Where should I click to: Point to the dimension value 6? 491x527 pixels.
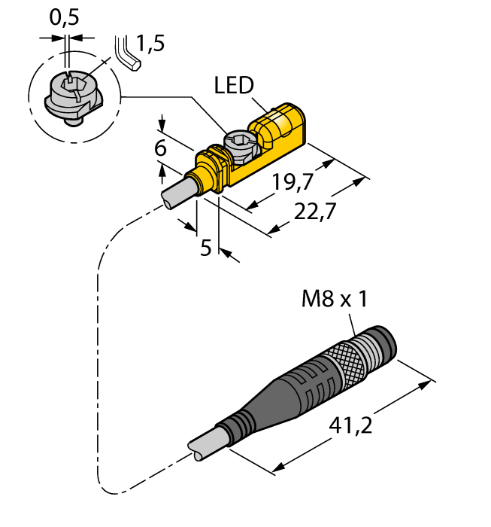coord(160,149)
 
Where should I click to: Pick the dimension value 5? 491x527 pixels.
coord(205,248)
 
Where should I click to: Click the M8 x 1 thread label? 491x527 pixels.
coord(334,300)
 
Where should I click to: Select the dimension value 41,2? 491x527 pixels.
coord(353,427)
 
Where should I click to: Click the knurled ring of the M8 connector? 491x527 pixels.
coord(350,361)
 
